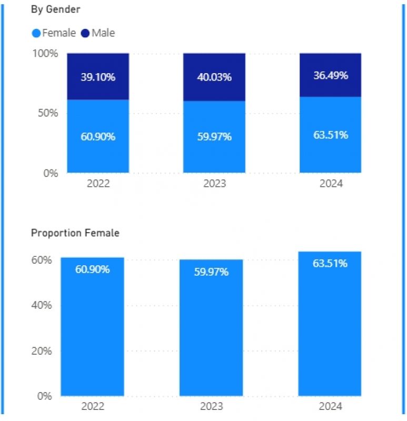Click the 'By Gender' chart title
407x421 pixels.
[x=55, y=9]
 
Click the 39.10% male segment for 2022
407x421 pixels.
[x=98, y=77]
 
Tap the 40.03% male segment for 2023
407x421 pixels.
[x=214, y=77]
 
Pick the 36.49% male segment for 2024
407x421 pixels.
[x=331, y=75]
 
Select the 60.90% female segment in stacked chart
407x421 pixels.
[x=98, y=136]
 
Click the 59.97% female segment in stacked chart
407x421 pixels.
[x=214, y=137]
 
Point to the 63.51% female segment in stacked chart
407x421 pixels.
[x=331, y=135]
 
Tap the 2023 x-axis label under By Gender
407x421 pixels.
[x=214, y=184]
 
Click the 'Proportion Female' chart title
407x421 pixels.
[x=75, y=233]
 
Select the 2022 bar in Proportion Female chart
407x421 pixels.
[x=92, y=326]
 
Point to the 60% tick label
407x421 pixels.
[x=43, y=260]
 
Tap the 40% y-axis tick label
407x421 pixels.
[x=43, y=306]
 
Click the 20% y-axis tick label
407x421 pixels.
[x=43, y=351]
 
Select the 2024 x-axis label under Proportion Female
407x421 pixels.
[x=330, y=406]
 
